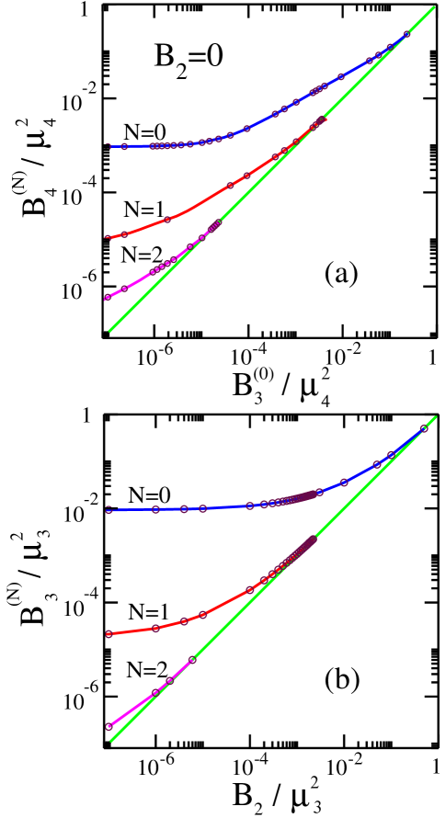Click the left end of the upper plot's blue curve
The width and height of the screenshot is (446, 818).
[108, 146]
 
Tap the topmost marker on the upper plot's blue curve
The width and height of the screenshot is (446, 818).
[406, 35]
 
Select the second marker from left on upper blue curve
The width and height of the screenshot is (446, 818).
[124, 146]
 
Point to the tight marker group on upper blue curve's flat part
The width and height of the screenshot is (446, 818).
[164, 145]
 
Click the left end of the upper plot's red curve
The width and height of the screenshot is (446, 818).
[108, 238]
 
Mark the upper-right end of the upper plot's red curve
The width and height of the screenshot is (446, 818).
[324, 119]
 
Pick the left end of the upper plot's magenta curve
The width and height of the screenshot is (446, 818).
[107, 298]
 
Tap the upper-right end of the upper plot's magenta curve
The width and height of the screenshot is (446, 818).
[220, 222]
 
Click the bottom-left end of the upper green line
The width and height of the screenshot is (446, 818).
[109, 331]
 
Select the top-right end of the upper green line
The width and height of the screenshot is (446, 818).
[434, 7]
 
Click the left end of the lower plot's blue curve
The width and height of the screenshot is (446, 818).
[109, 510]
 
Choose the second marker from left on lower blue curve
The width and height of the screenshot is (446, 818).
[155, 509]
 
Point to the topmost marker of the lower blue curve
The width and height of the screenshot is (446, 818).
[424, 428]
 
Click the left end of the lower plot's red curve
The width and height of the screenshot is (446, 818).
[109, 634]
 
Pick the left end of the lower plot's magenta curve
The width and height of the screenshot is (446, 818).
[109, 727]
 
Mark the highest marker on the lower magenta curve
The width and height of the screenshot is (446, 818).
[192, 660]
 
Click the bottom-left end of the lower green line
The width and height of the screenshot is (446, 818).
[111, 741]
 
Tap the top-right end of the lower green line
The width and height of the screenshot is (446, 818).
[436, 417]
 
